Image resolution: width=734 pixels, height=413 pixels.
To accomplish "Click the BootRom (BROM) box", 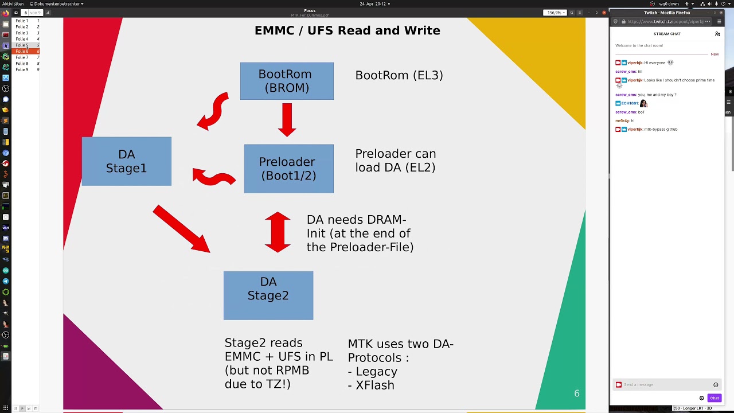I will [287, 81].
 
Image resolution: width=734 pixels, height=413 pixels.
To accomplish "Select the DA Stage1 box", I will [126, 161].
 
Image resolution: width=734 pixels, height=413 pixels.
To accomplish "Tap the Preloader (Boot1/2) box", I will [288, 169].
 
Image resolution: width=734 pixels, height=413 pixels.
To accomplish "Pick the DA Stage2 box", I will [268, 295].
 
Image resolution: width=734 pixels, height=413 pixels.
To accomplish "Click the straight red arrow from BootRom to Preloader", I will [287, 119].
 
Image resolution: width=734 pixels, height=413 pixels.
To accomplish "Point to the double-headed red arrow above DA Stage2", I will [278, 232].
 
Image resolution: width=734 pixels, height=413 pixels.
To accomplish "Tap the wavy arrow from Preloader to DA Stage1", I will [213, 177].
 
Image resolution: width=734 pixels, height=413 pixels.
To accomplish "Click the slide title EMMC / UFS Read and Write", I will [347, 30].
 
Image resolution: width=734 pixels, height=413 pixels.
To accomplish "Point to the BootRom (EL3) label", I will [399, 75].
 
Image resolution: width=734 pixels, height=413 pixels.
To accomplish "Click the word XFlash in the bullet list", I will [375, 385].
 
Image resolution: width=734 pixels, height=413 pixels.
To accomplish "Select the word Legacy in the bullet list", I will [376, 371].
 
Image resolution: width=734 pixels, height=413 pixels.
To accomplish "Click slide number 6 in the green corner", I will [577, 393].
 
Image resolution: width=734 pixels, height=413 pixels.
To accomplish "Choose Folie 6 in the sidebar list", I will [22, 51].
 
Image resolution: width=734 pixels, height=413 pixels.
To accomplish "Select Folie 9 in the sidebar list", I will [22, 69].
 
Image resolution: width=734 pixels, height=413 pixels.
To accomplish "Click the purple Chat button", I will [714, 398].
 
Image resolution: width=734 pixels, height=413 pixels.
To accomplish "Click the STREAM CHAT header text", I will [667, 34].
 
